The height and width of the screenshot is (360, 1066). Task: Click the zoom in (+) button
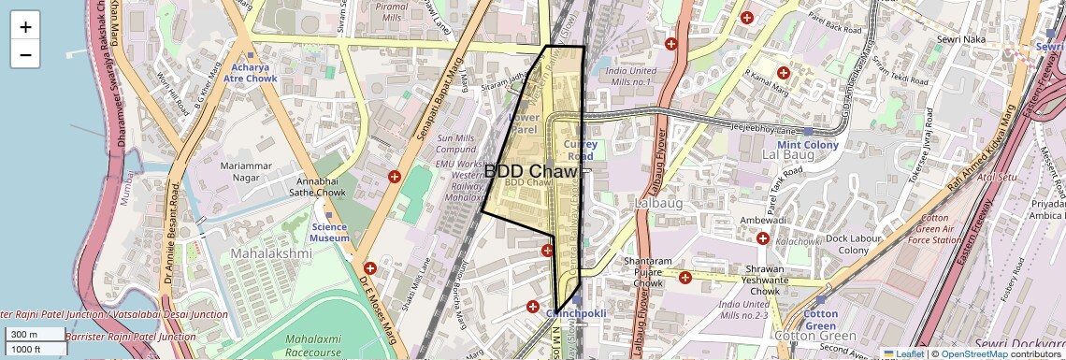pyautogui.click(x=25, y=26)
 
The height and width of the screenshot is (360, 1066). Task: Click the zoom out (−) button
pyautogui.click(x=25, y=54)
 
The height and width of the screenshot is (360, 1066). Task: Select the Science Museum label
pyautogui.click(x=329, y=232)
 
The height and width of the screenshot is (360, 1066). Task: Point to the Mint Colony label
pyautogui.click(x=808, y=145)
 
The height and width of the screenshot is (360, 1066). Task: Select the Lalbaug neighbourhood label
pyautogui.click(x=659, y=202)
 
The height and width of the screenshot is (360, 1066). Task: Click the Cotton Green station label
pyautogui.click(x=821, y=319)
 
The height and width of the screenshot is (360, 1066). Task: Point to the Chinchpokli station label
pyautogui.click(x=578, y=314)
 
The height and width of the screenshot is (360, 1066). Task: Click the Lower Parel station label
pyautogui.click(x=524, y=123)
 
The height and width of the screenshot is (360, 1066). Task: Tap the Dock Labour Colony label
pyautogui.click(x=841, y=244)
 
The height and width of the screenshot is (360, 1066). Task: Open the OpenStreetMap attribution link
pyautogui.click(x=974, y=353)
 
